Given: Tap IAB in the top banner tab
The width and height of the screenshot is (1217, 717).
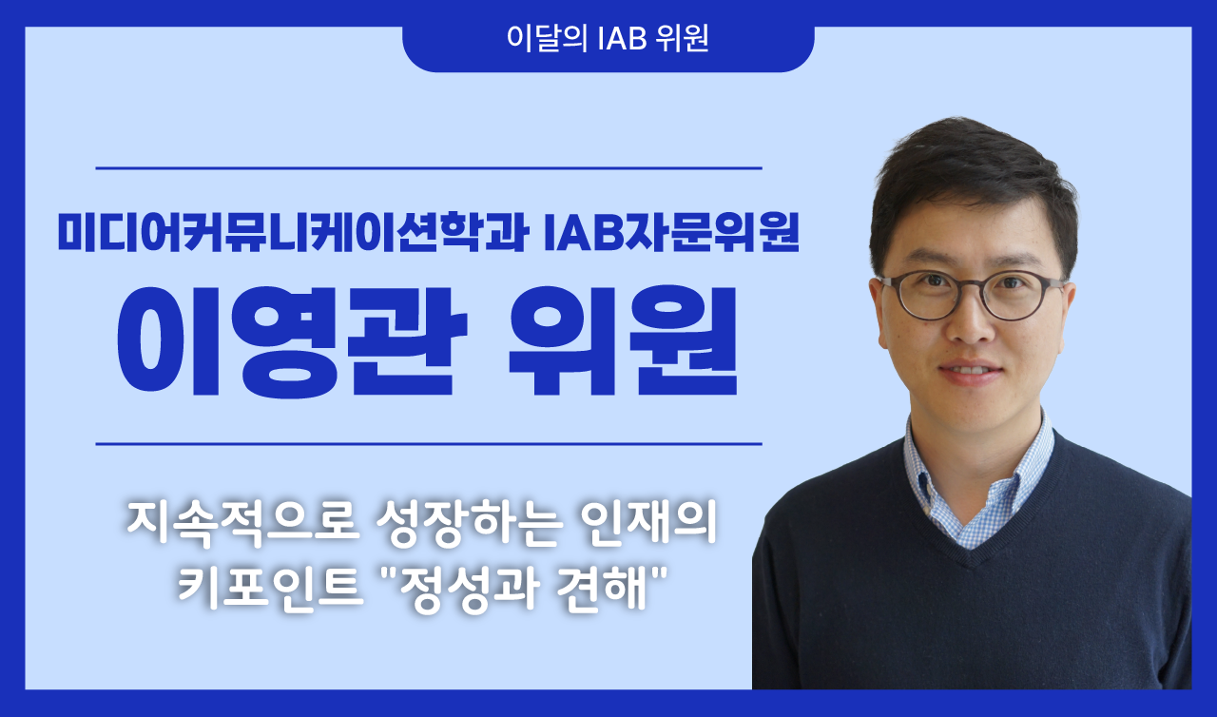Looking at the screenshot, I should pyautogui.click(x=620, y=40).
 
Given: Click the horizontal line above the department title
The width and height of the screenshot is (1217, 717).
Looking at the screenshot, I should pyautogui.click(x=429, y=168).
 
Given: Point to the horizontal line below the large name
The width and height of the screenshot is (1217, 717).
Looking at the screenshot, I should pyautogui.click(x=429, y=444).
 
